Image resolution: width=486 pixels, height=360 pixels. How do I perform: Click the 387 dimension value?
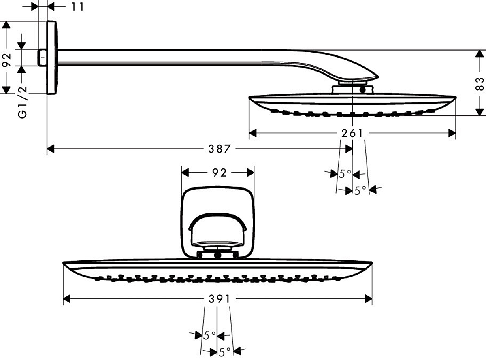tap(220, 149)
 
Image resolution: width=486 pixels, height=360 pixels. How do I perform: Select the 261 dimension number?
tap(352, 133)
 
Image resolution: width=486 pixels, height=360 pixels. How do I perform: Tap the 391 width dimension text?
tap(220, 299)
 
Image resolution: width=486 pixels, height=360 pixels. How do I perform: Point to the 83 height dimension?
tap(480, 84)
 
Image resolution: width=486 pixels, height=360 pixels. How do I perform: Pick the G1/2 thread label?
tap(23, 102)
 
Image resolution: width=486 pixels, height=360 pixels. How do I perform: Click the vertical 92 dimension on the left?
tap(6, 60)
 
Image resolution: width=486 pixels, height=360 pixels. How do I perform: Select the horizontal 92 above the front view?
tap(219, 173)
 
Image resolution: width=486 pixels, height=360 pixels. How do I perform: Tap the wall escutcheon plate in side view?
tap(52, 58)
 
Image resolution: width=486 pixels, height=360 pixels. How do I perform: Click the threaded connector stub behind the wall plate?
tap(42, 58)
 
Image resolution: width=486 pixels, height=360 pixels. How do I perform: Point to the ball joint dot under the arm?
tap(362, 89)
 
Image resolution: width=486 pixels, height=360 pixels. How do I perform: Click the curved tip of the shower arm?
tap(376, 77)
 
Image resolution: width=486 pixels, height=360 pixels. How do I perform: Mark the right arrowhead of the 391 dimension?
tap(368, 299)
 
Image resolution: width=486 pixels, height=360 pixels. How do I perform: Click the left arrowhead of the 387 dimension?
tap(51, 149)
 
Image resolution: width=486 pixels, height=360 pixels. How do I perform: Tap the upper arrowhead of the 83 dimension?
tap(480, 54)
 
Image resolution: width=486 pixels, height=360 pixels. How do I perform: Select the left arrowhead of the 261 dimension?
tap(253, 133)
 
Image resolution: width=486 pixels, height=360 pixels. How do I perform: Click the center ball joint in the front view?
tap(217, 255)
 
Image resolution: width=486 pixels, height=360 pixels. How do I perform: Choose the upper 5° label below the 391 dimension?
tap(210, 335)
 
